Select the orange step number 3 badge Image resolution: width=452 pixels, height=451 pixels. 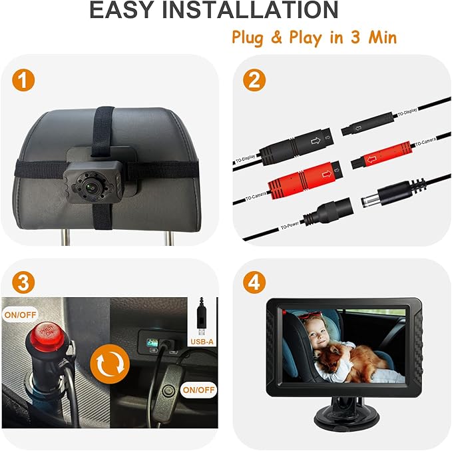(x=23, y=282)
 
